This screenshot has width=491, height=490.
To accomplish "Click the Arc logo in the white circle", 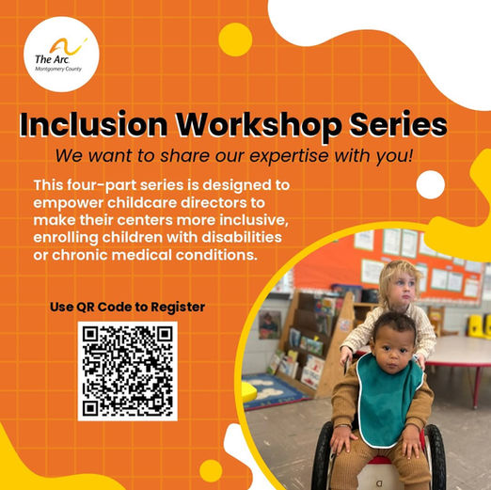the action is (x=61, y=54).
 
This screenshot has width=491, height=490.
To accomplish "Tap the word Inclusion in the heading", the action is (x=93, y=124).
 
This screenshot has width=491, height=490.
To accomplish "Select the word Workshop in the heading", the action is (x=258, y=125).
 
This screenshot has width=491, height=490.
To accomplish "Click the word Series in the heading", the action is (x=398, y=124).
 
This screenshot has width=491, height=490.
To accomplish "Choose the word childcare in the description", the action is (x=144, y=203).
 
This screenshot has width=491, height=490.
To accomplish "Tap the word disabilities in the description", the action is (x=242, y=237).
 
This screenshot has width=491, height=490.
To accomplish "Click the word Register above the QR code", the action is (x=178, y=307).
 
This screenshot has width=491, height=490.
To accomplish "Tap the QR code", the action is (x=128, y=371).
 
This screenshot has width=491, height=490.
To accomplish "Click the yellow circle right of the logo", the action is (x=235, y=40).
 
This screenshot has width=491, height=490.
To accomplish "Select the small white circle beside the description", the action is (x=431, y=184).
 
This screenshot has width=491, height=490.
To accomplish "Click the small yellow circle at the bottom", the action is (x=211, y=471).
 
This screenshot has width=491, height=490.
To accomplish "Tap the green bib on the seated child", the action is (x=390, y=399).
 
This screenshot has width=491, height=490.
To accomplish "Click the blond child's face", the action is (x=401, y=288).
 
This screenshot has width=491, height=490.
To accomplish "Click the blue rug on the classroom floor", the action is (x=272, y=390).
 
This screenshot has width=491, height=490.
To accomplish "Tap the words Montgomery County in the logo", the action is (x=58, y=69).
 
